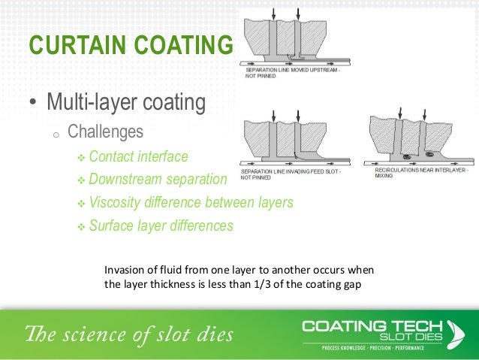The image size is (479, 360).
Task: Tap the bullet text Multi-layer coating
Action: click(x=125, y=101)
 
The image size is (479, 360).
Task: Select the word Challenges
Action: click(x=105, y=132)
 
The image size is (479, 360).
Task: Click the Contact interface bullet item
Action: click(x=138, y=156)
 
